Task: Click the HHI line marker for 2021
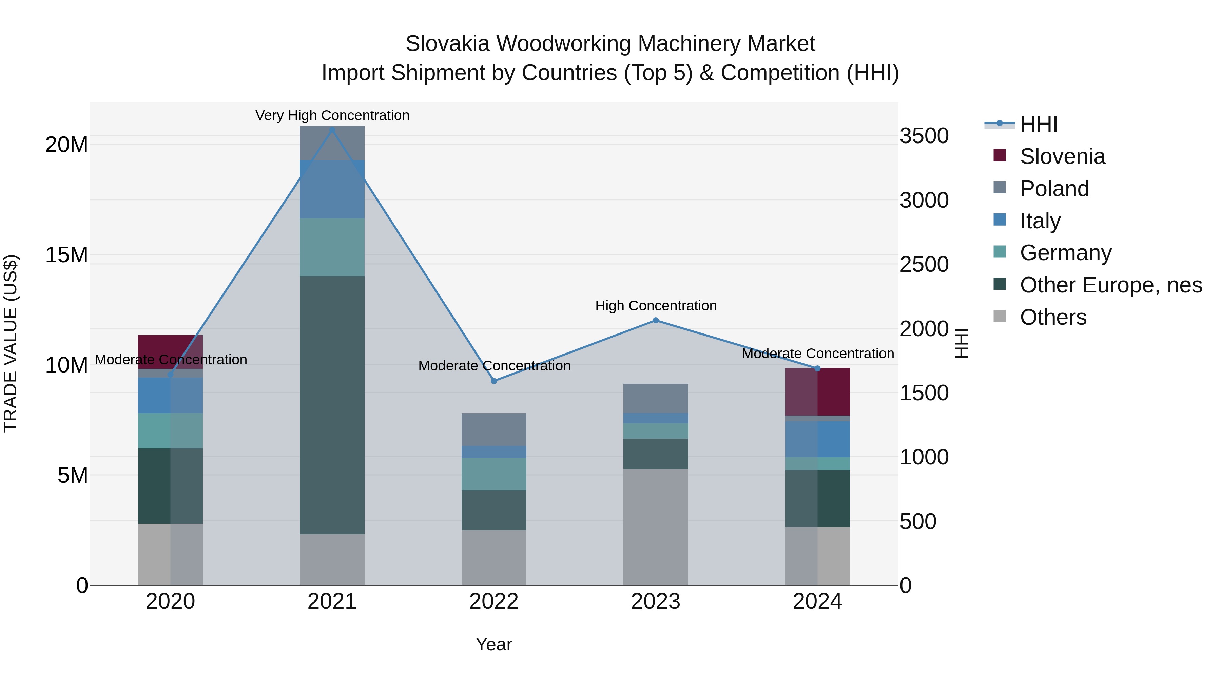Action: coord(332,130)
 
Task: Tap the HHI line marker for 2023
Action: coord(656,321)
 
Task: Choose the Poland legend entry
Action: coord(1054,189)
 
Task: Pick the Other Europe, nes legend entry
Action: coord(1110,285)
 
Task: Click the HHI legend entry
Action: coord(1039,124)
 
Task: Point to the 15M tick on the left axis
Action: coord(66,255)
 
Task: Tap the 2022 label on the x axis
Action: coord(494,602)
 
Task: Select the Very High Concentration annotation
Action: coord(332,115)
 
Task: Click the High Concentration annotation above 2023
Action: coord(656,306)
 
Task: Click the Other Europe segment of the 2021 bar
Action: coord(332,405)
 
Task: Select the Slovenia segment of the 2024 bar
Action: coord(817,392)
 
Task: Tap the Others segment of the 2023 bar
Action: coord(656,526)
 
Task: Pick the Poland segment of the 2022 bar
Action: coord(494,430)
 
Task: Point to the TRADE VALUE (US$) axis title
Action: coord(11,343)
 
